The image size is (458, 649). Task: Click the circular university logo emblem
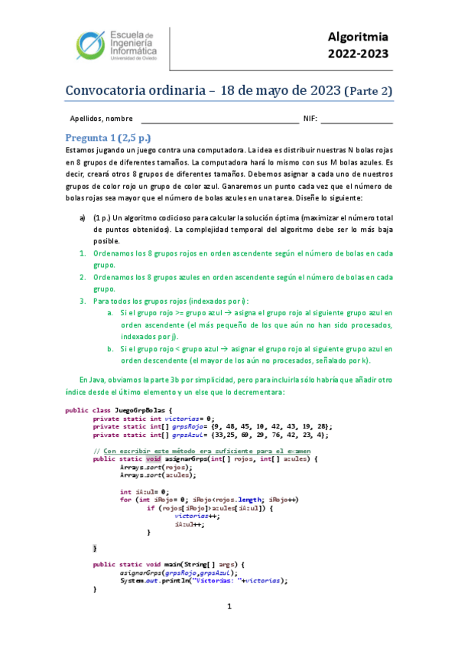[93, 45]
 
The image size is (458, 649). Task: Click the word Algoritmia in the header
[358, 36]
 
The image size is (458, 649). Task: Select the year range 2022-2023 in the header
[358, 54]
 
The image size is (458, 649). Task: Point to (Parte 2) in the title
[368, 91]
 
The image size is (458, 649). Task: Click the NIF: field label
[310, 119]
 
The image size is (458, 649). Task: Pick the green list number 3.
[83, 301]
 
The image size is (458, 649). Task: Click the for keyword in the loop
[125, 499]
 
